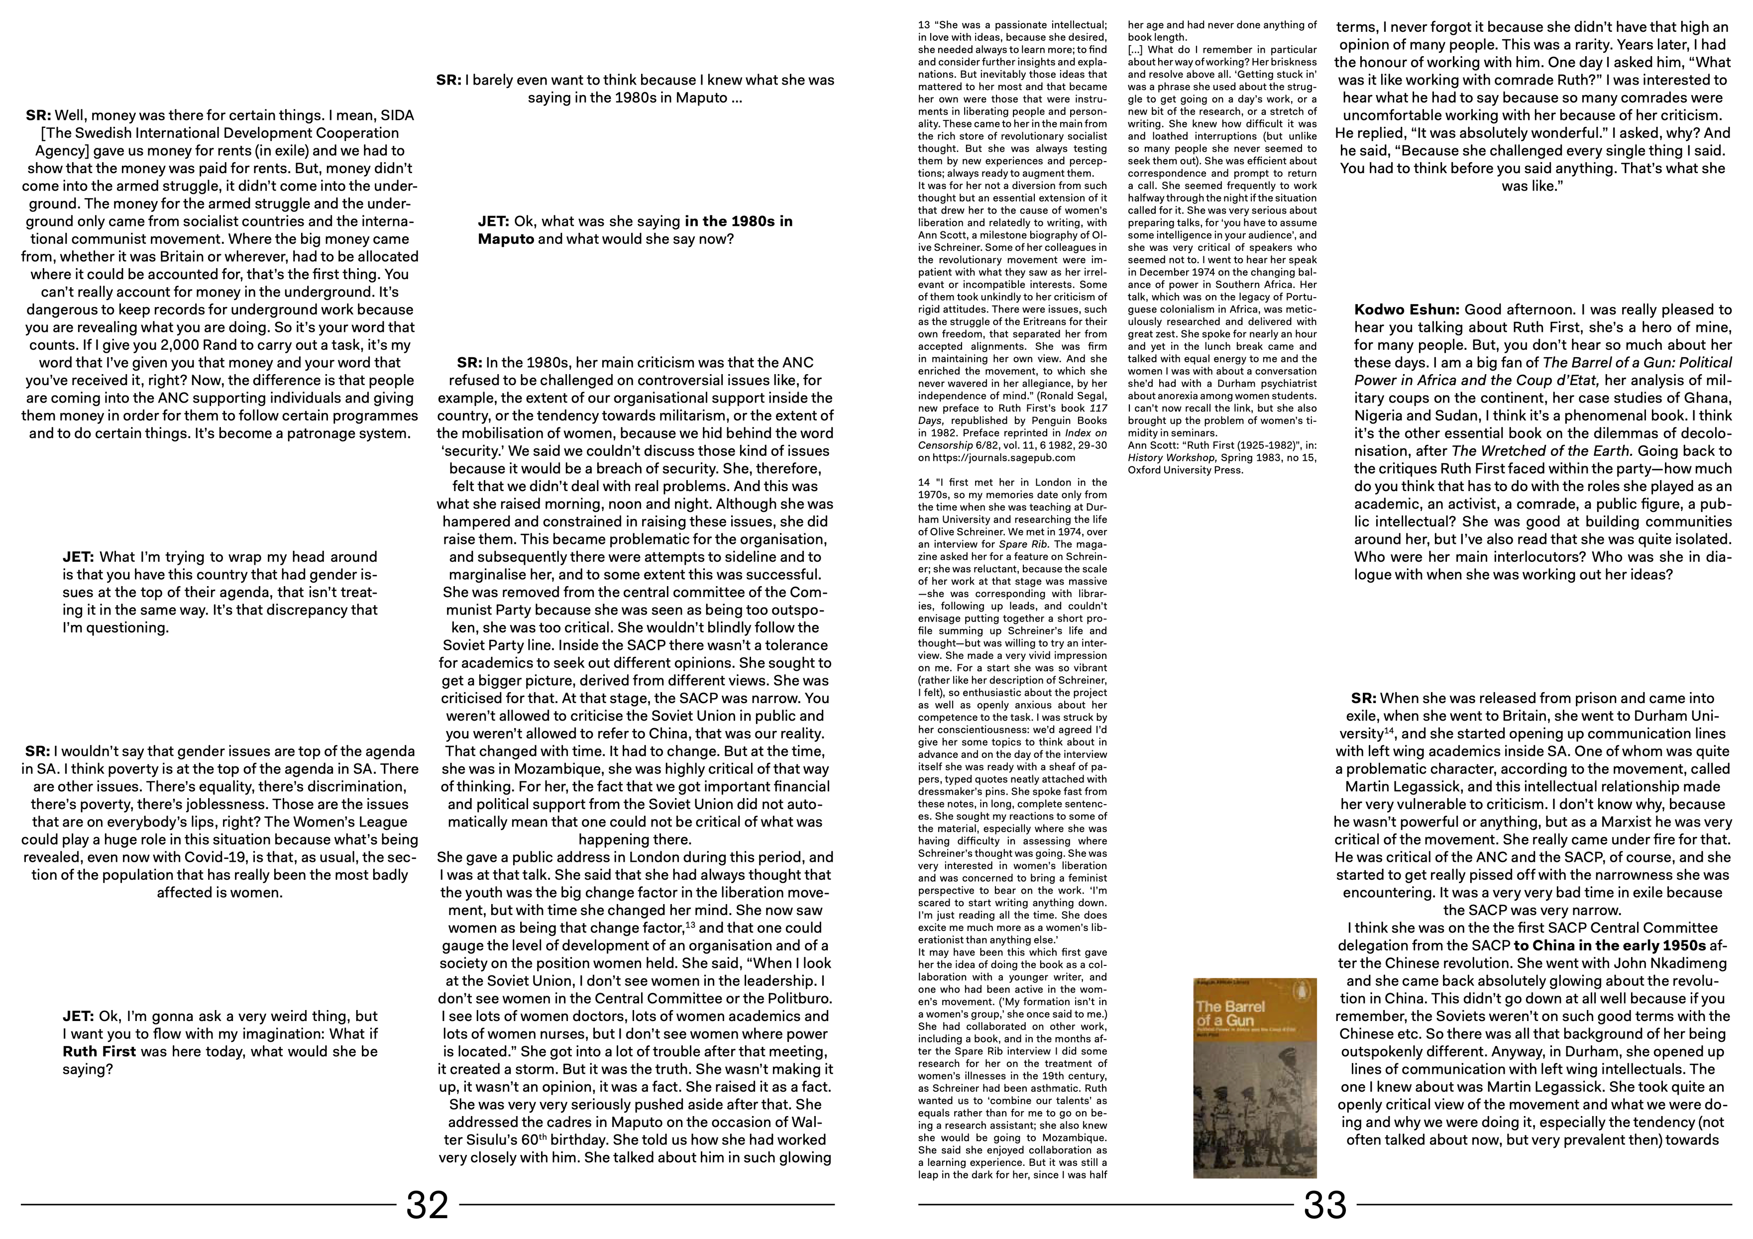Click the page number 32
pyautogui.click(x=427, y=1205)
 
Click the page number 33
pyautogui.click(x=1324, y=1205)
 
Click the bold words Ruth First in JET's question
pyautogui.click(x=99, y=1051)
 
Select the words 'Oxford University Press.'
pyautogui.click(x=1185, y=470)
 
